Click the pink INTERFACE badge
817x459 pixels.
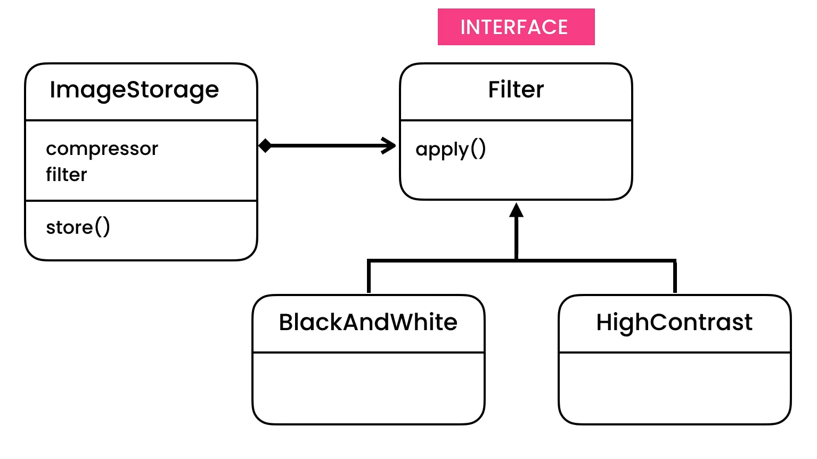point(516,27)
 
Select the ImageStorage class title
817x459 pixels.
point(134,90)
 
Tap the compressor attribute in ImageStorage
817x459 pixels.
point(102,149)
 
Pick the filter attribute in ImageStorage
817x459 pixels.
point(66,175)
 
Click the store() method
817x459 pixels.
point(78,227)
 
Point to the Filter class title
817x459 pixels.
point(516,89)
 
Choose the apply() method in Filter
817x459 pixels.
point(451,149)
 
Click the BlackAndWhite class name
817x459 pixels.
point(368,322)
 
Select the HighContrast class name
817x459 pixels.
point(674,322)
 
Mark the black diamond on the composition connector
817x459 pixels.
point(265,145)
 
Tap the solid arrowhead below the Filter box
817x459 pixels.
point(516,210)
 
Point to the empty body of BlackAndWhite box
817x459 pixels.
point(368,388)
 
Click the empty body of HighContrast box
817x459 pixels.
point(674,388)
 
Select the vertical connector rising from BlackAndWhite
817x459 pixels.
point(369,277)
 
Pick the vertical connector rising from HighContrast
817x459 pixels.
point(675,277)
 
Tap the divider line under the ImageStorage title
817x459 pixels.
point(141,120)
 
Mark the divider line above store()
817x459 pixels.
point(141,201)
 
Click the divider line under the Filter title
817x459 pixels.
point(516,120)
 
